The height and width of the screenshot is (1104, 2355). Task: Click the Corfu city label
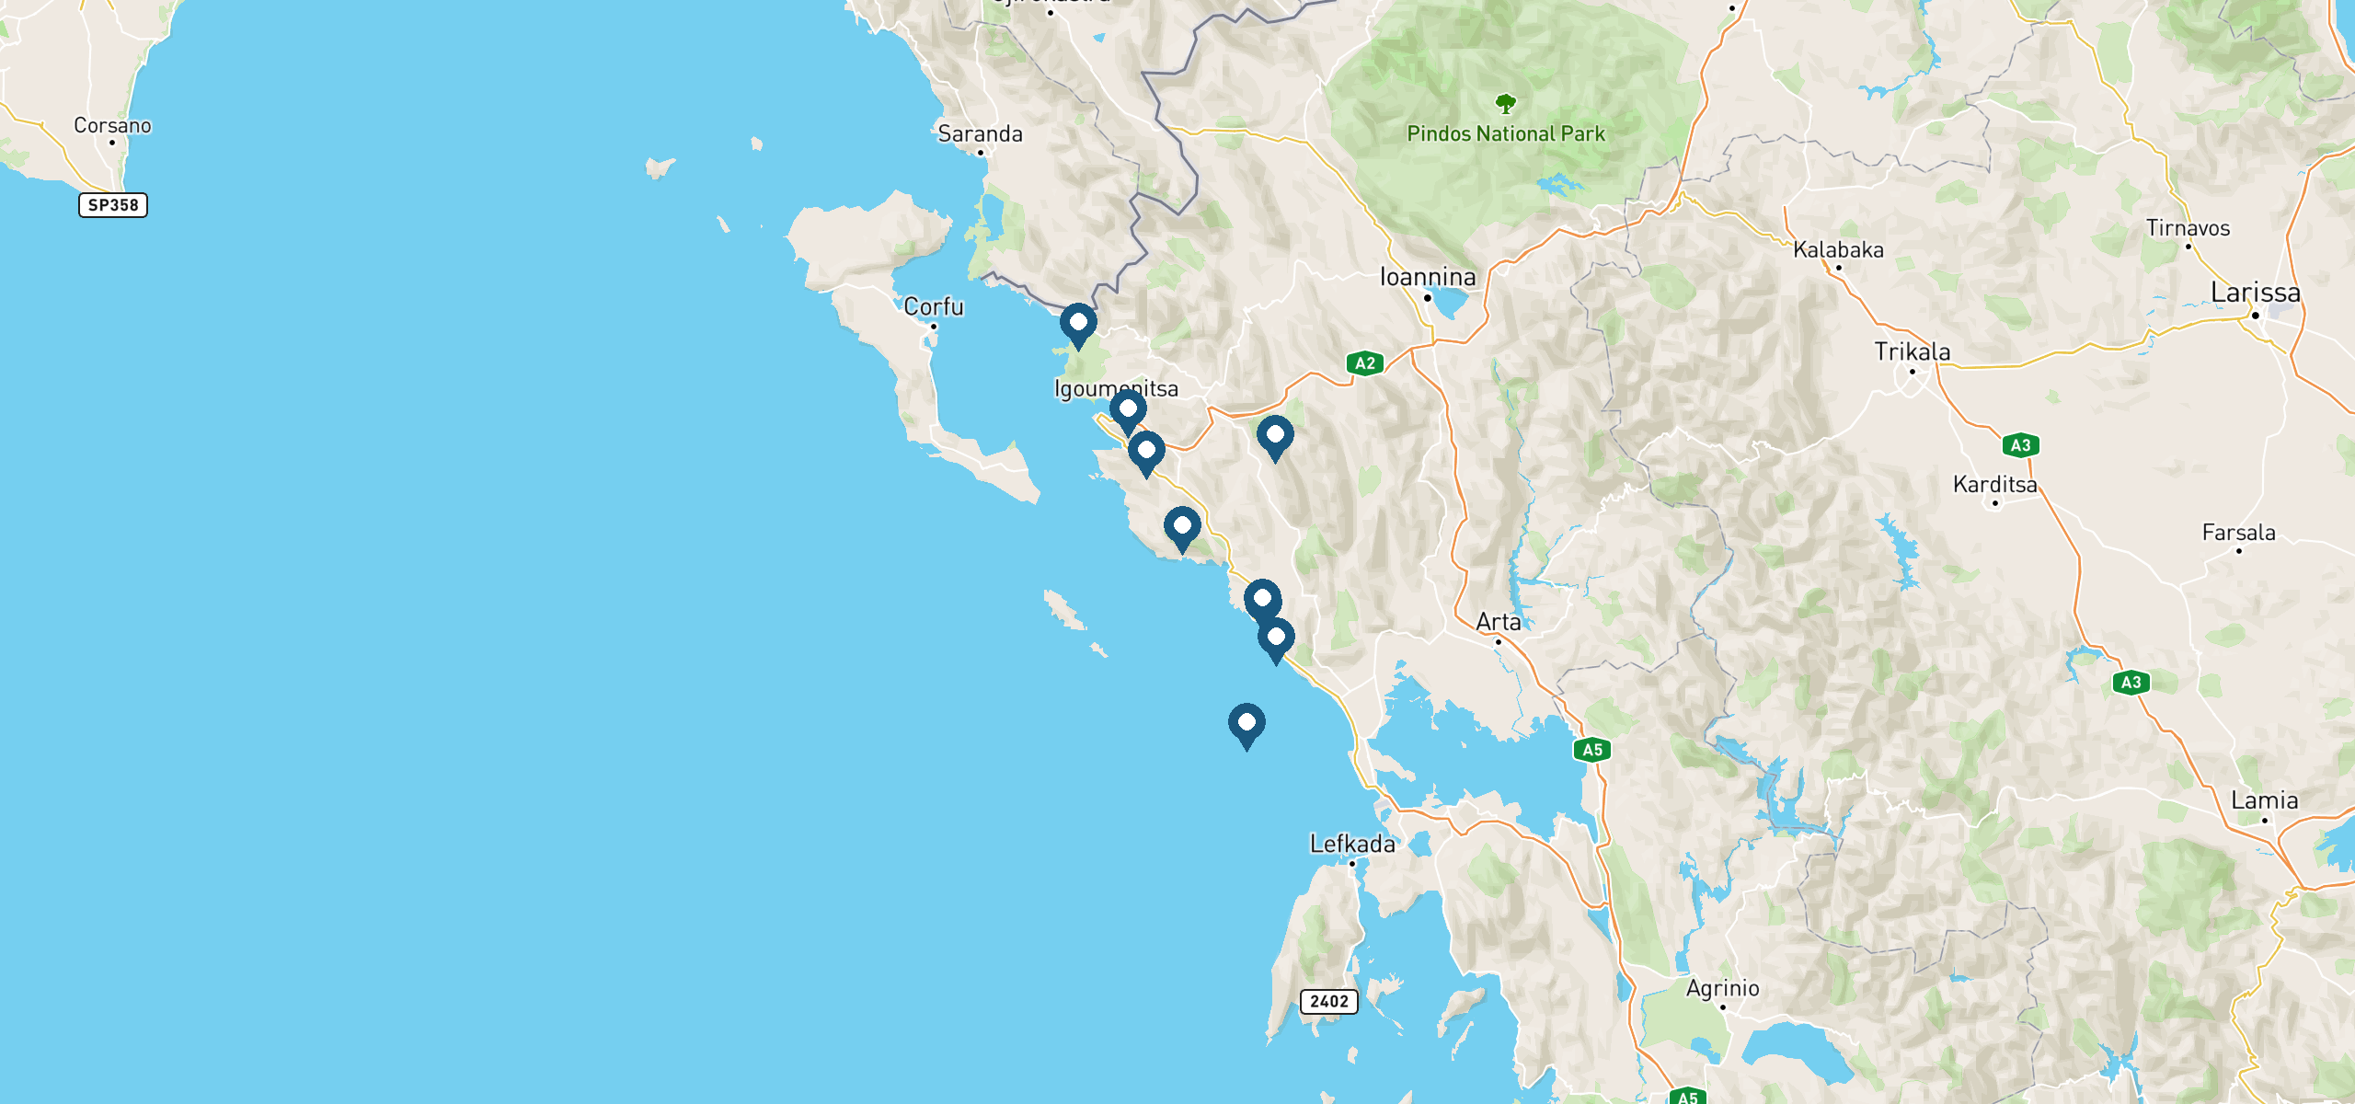[934, 306]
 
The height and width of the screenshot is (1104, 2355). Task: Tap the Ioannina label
[1428, 277]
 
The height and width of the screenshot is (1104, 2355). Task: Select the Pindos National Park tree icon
[1505, 103]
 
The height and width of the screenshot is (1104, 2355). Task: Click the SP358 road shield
[113, 205]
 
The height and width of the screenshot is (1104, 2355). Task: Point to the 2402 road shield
[1328, 1001]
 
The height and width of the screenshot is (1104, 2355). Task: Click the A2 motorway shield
[1365, 363]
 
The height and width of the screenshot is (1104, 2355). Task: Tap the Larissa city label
[2255, 293]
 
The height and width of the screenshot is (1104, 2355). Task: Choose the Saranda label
[980, 134]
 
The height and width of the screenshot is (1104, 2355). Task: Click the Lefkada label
[1352, 845]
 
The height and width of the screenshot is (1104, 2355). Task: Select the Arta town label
[1498, 623]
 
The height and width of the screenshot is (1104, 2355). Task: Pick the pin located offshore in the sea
[1246, 724]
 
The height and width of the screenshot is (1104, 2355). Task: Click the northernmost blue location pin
[1078, 324]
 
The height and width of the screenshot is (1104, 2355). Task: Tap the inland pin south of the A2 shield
[1275, 436]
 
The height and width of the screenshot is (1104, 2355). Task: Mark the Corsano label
[112, 126]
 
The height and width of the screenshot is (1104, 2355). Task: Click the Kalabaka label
[1838, 250]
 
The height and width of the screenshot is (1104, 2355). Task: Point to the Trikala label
[1912, 352]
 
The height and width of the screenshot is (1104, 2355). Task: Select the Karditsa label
[1994, 485]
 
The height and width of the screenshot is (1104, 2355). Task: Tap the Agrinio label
[1722, 989]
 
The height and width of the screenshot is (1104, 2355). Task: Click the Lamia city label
[2264, 801]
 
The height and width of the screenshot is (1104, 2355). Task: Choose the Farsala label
[2238, 533]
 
